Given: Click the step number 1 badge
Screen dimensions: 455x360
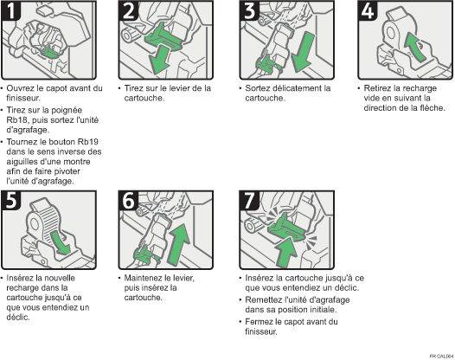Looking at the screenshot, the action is [11, 10].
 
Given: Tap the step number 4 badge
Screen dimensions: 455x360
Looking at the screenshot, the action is [368, 10].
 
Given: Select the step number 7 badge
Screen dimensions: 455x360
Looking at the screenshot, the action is [249, 201].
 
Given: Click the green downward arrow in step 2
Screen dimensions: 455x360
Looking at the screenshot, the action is [159, 61].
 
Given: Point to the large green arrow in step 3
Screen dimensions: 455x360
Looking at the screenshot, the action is [302, 52].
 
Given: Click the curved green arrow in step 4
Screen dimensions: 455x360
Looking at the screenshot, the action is [416, 46].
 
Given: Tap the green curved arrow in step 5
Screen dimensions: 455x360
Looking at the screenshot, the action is [60, 242].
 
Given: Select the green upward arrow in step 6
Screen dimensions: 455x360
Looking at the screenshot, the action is [178, 244].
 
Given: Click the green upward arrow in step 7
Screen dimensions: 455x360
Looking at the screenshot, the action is [285, 252].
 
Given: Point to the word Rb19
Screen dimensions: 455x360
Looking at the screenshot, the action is [88, 142].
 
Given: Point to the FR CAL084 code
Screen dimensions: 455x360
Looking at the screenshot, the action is [442, 357].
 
